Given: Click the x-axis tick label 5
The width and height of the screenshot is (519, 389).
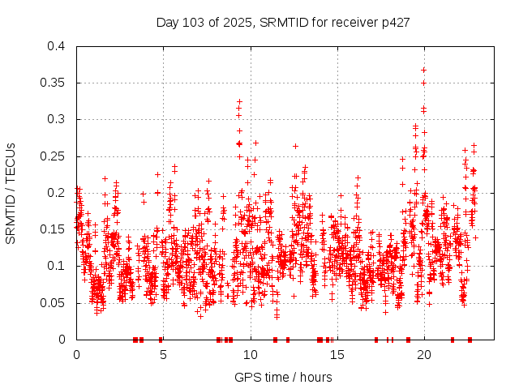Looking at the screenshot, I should pos(163,354).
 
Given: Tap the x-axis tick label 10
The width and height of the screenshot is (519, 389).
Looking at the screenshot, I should pos(251,354).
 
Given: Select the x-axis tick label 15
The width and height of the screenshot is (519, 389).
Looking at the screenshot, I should pos(337,354).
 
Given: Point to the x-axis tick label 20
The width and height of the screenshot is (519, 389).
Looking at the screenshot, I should pos(424,354).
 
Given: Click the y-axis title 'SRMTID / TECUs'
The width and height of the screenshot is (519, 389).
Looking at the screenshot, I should pos(11,193).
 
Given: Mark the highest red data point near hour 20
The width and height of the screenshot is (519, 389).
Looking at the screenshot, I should pos(423,70).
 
